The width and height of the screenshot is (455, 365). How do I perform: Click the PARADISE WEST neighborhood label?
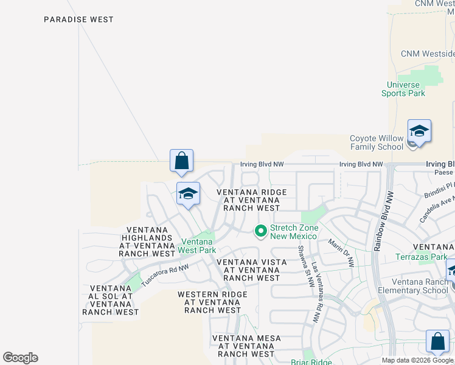click(78, 19)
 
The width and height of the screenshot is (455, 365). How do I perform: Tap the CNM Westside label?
click(428, 54)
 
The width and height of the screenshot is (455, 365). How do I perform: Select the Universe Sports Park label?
click(403, 89)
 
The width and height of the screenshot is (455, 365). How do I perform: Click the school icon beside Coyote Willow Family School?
click(419, 132)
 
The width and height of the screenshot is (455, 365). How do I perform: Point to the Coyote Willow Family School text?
click(377, 142)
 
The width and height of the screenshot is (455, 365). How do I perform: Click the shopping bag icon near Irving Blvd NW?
click(181, 162)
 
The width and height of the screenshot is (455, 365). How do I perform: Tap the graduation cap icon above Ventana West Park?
click(189, 194)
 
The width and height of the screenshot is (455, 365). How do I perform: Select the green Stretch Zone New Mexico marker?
click(261, 231)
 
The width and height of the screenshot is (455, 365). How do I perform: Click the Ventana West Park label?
click(198, 246)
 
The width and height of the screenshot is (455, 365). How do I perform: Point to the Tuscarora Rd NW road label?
click(165, 276)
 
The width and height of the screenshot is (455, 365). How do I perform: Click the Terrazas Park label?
click(421, 257)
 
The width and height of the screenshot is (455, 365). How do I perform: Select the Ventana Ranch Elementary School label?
click(420, 286)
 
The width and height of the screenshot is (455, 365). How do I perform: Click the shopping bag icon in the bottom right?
click(437, 342)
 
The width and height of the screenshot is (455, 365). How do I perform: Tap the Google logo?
click(20, 358)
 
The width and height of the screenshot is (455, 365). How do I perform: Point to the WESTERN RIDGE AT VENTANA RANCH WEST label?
click(212, 302)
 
